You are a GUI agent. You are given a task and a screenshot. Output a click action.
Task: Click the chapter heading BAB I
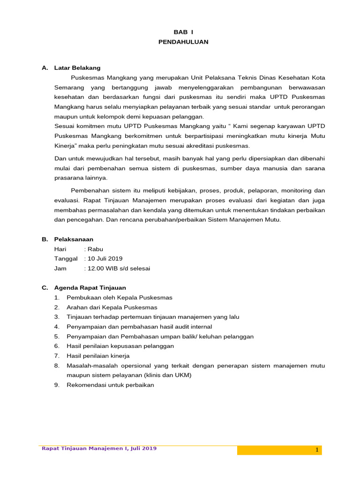coord(183,32)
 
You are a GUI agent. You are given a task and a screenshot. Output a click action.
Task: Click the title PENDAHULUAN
coord(183,42)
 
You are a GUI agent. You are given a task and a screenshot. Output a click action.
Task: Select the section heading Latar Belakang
coord(77,68)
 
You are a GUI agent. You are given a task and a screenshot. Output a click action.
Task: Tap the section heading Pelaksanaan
coord(74,239)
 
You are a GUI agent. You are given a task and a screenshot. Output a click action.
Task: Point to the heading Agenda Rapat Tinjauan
coord(90,287)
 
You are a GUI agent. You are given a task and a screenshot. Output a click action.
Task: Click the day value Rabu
coord(95,249)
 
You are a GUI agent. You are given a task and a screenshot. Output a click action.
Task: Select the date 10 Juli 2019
coord(104,258)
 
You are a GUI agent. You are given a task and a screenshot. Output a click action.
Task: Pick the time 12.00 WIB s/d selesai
coord(119,268)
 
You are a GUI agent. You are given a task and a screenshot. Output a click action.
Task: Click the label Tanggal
coord(66,258)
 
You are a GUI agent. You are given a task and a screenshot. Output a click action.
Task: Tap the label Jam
coord(60,268)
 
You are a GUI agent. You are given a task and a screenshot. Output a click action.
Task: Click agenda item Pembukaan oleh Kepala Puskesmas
coord(120,297)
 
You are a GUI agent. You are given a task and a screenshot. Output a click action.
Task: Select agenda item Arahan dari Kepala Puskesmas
coord(112,307)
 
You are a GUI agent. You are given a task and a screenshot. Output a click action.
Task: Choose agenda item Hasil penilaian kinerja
coord(98,356)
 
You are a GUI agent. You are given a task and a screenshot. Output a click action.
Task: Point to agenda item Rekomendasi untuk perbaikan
coord(110,385)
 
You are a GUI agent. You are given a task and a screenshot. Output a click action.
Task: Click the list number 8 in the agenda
coord(56,365)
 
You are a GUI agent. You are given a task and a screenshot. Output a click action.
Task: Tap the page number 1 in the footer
coord(317,450)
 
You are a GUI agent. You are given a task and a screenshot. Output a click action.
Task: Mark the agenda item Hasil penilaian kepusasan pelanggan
coord(120,346)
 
